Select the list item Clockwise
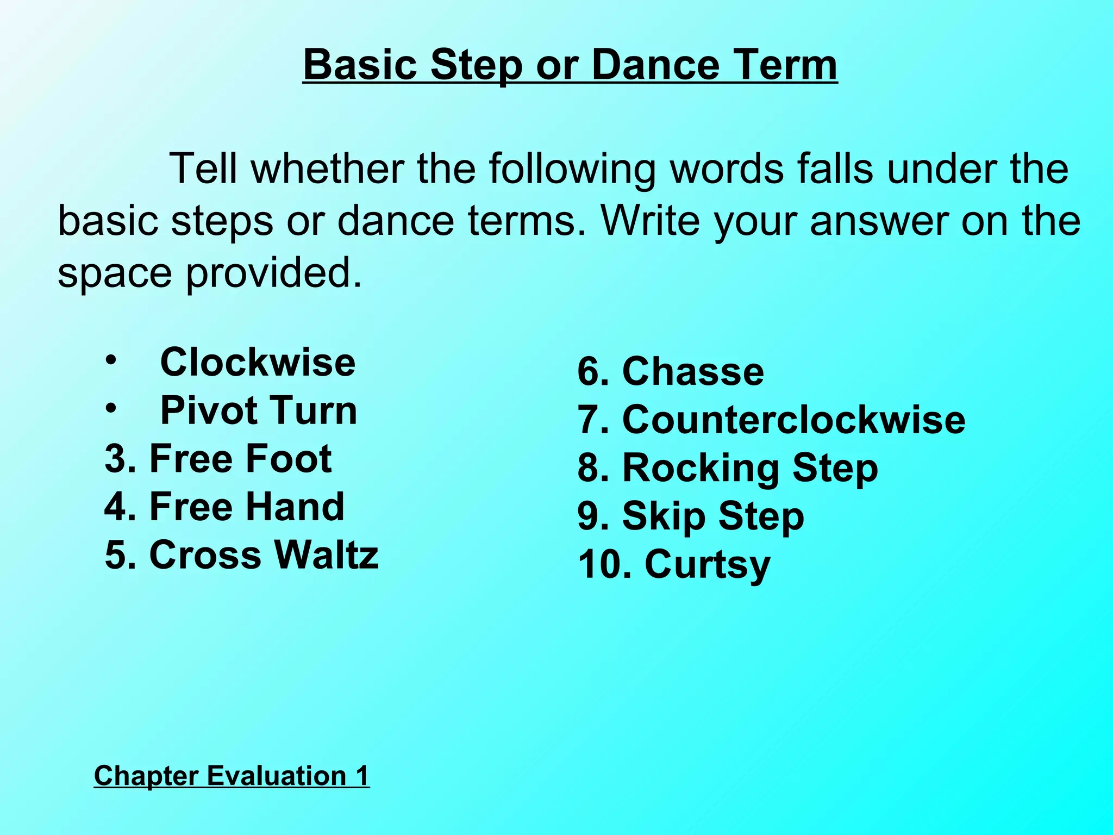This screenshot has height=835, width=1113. coord(258,362)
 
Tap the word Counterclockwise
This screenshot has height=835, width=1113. coord(793,420)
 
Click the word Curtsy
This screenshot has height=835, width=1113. coord(707,565)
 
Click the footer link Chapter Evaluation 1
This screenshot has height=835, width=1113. coord(232,775)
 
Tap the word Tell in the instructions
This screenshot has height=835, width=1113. coord(203,169)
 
